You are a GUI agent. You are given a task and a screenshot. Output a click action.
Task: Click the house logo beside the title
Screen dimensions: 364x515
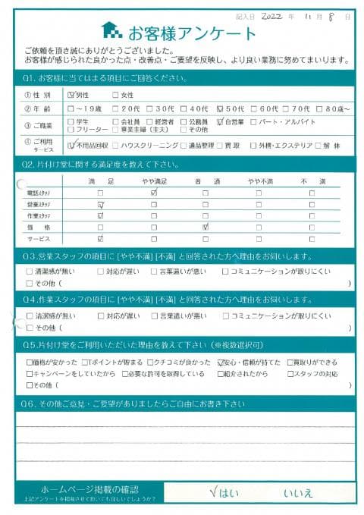pyautogui.click(x=111, y=30)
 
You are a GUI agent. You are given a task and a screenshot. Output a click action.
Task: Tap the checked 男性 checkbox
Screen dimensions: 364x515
pyautogui.click(x=71, y=95)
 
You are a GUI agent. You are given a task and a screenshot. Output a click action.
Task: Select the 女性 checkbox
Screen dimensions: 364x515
pyautogui.click(x=116, y=95)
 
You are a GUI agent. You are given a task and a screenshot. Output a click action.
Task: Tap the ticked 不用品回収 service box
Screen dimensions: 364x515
pyautogui.click(x=71, y=144)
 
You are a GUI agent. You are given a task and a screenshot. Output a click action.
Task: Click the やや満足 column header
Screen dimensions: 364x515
pyautogui.click(x=154, y=181)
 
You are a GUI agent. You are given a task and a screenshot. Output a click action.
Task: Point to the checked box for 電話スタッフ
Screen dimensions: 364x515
pyautogui.click(x=154, y=193)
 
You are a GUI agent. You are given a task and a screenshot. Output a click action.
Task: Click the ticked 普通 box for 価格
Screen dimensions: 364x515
pyautogui.click(x=206, y=227)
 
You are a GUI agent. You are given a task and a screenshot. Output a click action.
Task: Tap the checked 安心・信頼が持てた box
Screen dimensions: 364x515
pyautogui.click(x=220, y=363)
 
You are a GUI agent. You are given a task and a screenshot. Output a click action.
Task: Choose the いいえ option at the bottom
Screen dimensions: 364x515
pyautogui.click(x=297, y=492)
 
